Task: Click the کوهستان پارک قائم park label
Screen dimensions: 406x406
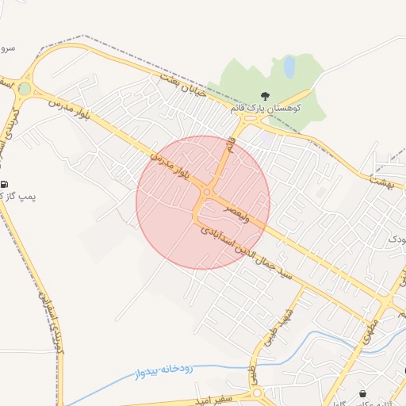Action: tap(282, 106)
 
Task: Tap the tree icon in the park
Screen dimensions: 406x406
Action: tap(264, 96)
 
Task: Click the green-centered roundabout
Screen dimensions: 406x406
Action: tap(25, 89)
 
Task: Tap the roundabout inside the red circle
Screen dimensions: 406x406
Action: tap(207, 192)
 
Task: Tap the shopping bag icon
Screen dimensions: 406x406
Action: tap(363, 393)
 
